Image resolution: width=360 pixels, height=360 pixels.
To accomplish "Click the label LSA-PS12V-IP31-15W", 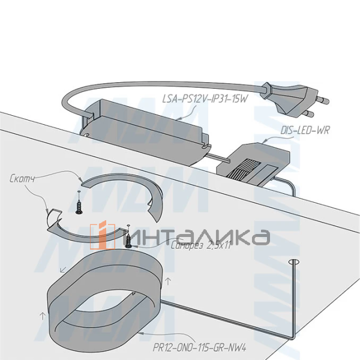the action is (x=205, y=99).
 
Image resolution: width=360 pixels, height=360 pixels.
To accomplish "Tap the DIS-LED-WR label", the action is (x=305, y=130).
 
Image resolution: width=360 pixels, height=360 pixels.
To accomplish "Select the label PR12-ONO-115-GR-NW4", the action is (x=200, y=347).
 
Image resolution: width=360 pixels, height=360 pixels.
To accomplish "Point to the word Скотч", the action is (x=22, y=179).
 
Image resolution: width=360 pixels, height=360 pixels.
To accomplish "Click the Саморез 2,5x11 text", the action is (x=200, y=246).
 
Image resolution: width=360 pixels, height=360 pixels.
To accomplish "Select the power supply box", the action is (x=145, y=133).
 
